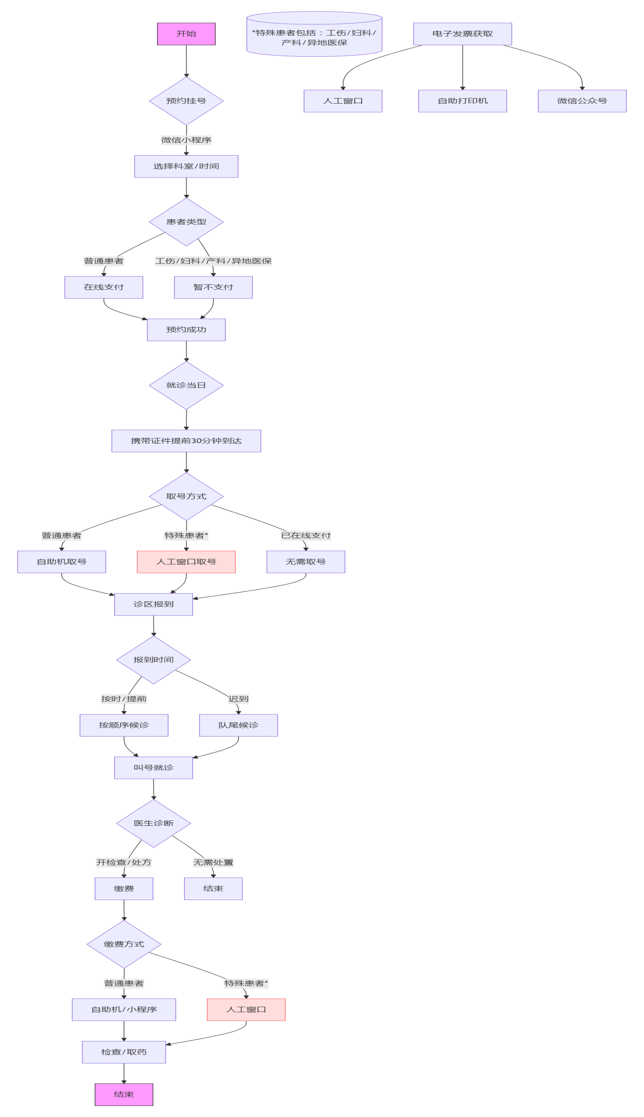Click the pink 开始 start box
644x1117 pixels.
[186, 34]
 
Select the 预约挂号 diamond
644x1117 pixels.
[186, 101]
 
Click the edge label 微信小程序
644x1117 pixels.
[186, 140]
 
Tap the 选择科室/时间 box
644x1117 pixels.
[186, 166]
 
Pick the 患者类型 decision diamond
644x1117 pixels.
[186, 222]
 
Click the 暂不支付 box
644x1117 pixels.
[213, 287]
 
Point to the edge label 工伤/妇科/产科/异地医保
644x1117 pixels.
[213, 261]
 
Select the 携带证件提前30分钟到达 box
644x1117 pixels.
[186, 441]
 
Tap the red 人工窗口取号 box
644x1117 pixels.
[186, 561]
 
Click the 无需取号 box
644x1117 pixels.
[306, 561]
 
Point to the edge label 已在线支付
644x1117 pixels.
[306, 536]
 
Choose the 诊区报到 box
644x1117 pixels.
[153, 604]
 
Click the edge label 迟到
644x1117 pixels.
[239, 699]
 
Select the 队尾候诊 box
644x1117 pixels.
[239, 725]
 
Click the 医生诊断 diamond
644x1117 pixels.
[153, 823]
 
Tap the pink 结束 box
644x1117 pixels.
[124, 1094]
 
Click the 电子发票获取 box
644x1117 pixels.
[463, 34]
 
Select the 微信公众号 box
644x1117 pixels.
[582, 101]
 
